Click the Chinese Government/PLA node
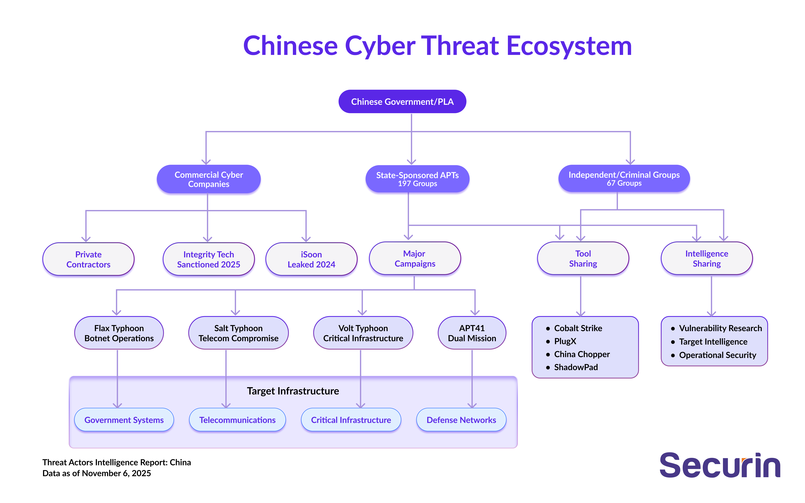402,101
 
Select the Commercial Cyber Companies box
209,179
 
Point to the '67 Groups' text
624,183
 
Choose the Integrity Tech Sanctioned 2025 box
209,259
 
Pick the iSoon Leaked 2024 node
311,259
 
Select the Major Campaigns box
415,259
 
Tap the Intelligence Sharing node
707,259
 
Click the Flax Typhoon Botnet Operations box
119,333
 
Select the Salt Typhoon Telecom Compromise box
238,333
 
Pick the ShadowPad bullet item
576,367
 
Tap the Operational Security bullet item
717,355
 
